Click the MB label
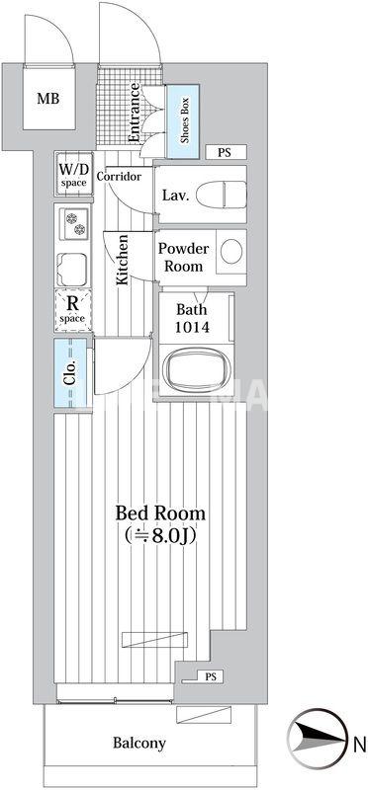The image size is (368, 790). click(x=47, y=98)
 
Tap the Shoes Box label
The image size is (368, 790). click(x=185, y=118)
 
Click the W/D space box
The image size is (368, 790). click(x=73, y=176)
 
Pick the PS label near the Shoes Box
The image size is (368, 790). click(x=225, y=153)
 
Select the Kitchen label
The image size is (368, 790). click(x=124, y=259)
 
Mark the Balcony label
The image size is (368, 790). click(x=138, y=744)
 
